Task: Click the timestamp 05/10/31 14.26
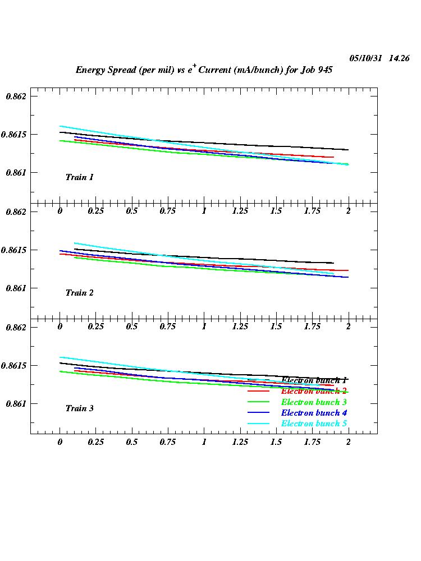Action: [379, 58]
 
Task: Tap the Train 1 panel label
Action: [79, 177]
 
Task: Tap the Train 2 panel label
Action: [79, 293]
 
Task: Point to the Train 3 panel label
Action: [79, 408]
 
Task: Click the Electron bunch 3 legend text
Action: [314, 402]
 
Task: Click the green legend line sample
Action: [259, 402]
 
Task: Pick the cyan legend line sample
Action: [259, 423]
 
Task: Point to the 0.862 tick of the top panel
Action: [16, 96]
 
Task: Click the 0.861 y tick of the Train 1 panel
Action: [16, 173]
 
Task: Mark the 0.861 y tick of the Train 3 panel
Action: [16, 404]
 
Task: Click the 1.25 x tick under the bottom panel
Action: [240, 442]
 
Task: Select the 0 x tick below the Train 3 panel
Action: [60, 442]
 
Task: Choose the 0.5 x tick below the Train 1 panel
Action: [132, 211]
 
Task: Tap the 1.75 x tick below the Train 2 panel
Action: [312, 327]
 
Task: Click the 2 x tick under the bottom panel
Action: [348, 442]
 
